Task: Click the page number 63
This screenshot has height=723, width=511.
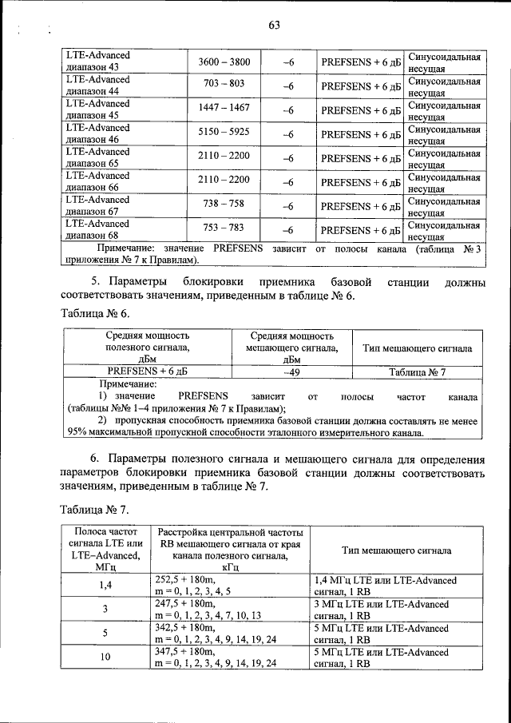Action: pos(273,25)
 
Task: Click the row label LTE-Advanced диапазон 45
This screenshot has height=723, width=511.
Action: pos(97,109)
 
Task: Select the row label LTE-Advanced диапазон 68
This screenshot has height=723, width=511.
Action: pos(97,230)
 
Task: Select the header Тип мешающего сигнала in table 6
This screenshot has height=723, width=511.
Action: pos(417,348)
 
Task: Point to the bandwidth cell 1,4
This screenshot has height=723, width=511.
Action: pos(105,586)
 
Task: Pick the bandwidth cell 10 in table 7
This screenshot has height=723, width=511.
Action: pos(105,657)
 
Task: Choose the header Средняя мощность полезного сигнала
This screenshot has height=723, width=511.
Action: pos(147,348)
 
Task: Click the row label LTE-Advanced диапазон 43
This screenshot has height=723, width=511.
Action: pos(97,62)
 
